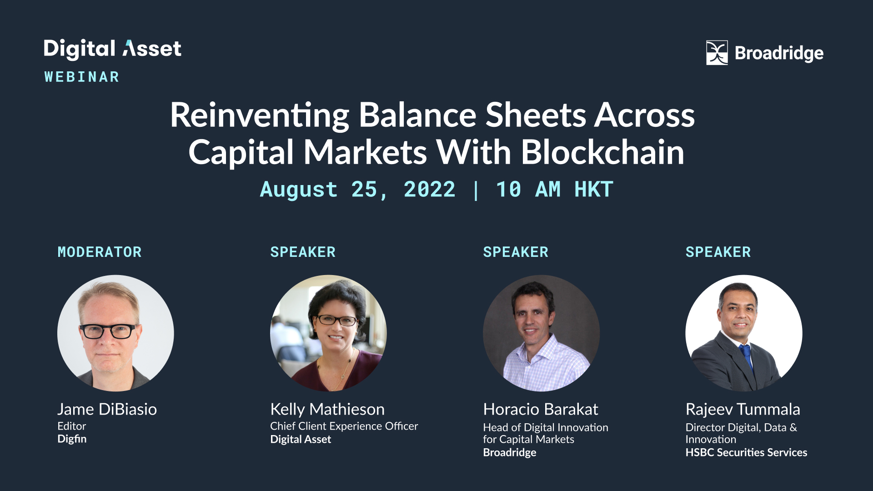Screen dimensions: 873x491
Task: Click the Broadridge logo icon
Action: pos(717,53)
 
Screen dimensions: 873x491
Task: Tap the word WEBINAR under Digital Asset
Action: pos(82,77)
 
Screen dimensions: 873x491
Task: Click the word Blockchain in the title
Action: pos(602,152)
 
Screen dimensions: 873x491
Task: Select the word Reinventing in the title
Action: pos(260,116)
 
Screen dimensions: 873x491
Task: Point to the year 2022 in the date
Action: pos(429,189)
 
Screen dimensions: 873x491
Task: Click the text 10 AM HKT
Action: pos(554,189)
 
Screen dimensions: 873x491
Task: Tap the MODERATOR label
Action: pos(100,252)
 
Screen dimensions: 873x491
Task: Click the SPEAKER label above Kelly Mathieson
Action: pos(303,252)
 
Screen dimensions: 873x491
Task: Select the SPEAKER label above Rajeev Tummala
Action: pos(718,252)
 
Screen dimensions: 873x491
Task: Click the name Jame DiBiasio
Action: pos(107,409)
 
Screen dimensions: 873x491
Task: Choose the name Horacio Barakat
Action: pos(541,409)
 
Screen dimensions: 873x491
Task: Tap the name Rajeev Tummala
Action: pos(743,410)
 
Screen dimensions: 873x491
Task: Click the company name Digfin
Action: pos(72,439)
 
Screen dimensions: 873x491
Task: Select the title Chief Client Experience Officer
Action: pos(344,426)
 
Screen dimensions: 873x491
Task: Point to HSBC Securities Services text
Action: pos(746,452)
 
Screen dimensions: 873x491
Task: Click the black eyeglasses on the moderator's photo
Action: pos(108,331)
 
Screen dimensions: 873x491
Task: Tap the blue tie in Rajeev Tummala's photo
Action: pos(746,356)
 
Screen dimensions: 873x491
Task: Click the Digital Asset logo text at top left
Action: pos(112,49)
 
